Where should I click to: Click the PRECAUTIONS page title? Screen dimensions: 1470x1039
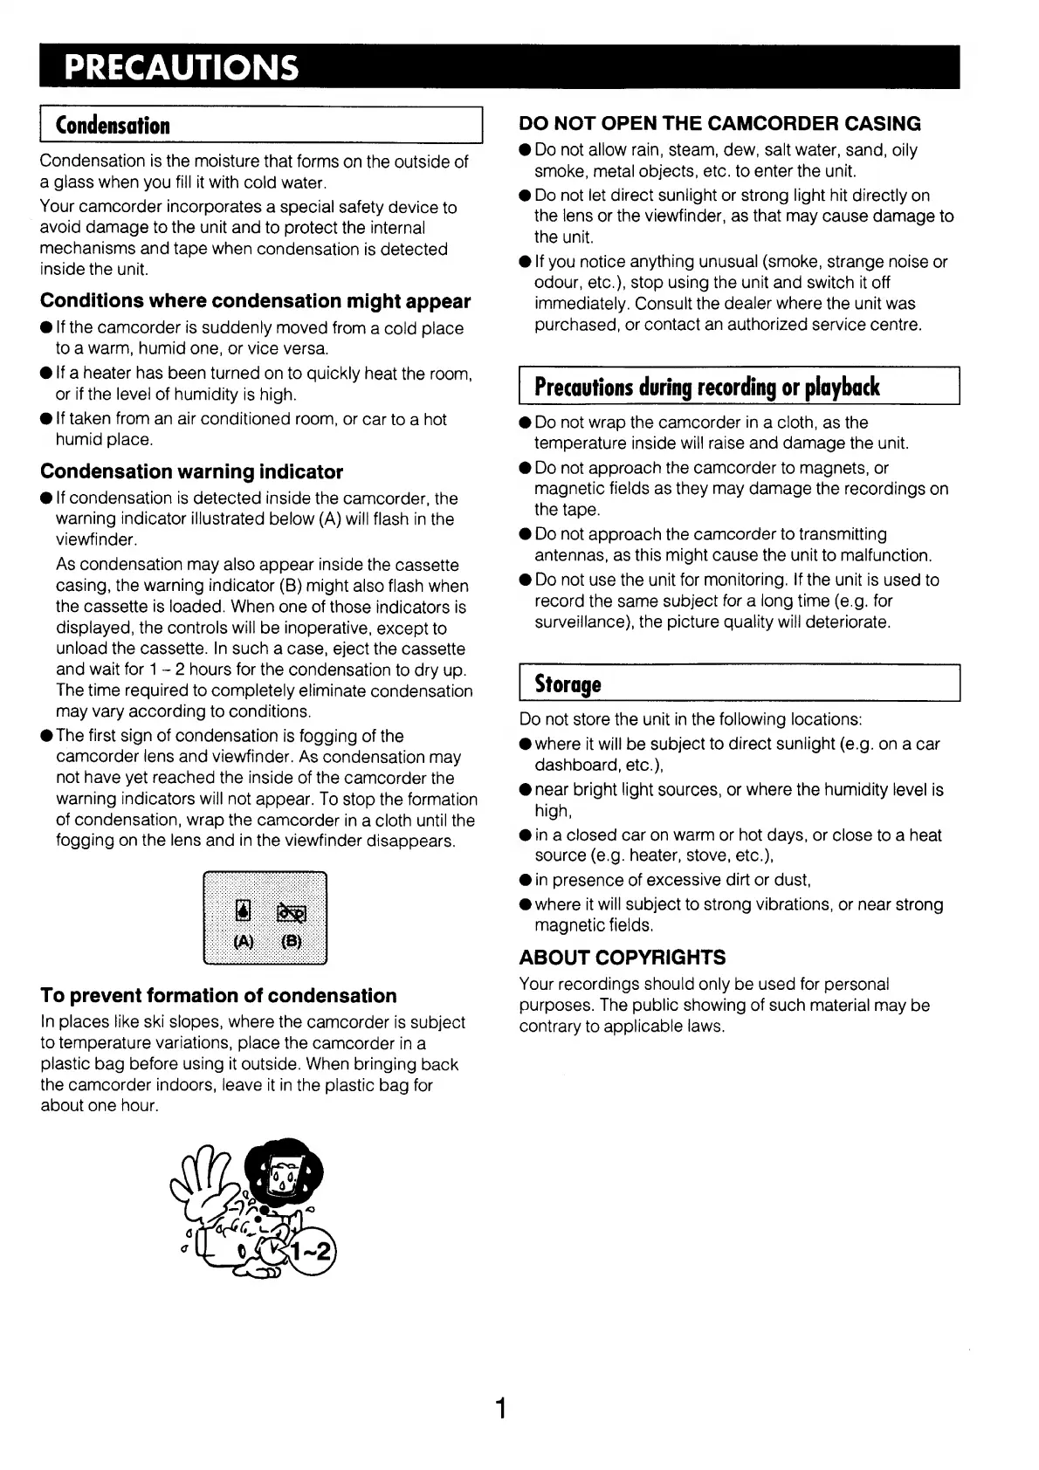[x=182, y=68]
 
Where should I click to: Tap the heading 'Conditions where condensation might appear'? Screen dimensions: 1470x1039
[x=255, y=301]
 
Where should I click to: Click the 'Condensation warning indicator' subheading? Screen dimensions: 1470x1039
[x=191, y=472]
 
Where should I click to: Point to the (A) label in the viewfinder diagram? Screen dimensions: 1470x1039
[x=244, y=941]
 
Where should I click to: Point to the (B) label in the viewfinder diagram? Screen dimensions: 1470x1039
[x=291, y=941]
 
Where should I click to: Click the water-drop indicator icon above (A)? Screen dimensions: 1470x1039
[x=244, y=912]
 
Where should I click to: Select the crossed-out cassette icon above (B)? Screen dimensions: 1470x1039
[x=292, y=913]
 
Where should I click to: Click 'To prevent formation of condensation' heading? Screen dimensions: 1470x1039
[x=218, y=996]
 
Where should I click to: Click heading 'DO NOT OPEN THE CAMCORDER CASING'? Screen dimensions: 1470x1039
[x=719, y=124]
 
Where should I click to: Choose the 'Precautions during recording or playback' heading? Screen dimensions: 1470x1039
[x=706, y=387]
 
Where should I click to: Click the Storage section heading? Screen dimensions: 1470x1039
[x=568, y=683]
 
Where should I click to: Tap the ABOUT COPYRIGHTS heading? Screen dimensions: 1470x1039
[x=622, y=958]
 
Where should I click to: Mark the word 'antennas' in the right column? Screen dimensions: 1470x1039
[x=568, y=555]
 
